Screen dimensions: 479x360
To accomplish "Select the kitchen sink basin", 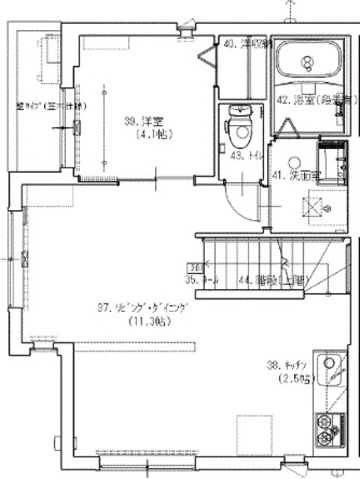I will pyautogui.click(x=330, y=367).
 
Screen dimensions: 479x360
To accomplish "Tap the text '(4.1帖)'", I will pyautogui.click(x=152, y=135).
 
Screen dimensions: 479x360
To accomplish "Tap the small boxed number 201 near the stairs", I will pyautogui.click(x=197, y=266).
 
